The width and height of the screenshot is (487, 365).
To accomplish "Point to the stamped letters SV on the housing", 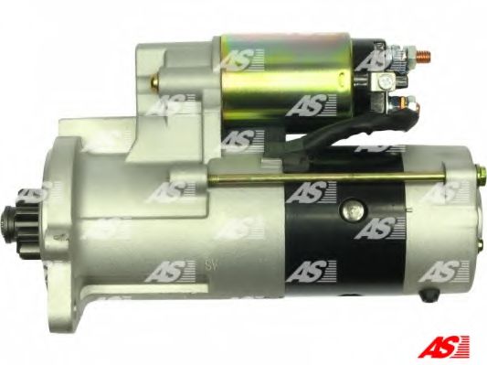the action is (x=212, y=266).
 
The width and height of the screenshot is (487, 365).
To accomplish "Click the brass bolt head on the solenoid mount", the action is (x=155, y=81).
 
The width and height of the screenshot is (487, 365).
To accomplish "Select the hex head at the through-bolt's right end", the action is (x=481, y=172).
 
